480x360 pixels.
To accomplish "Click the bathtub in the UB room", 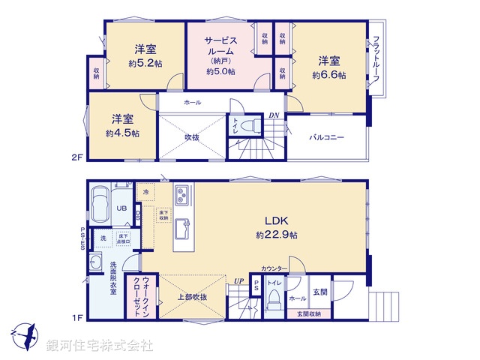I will click(x=100, y=204).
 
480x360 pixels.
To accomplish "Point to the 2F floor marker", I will click(x=76, y=157).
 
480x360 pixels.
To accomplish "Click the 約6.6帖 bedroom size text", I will click(x=331, y=75).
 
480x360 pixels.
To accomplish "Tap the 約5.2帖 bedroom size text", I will click(x=145, y=63).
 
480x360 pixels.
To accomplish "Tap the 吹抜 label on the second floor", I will click(x=193, y=137).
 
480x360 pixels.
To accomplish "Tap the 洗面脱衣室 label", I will click(x=113, y=277).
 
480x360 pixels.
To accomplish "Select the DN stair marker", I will click(x=273, y=116).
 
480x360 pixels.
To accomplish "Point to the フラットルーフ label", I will click(x=376, y=59).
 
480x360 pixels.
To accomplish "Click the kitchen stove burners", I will click(x=182, y=196).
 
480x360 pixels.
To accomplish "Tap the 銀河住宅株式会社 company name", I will click(x=99, y=346).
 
